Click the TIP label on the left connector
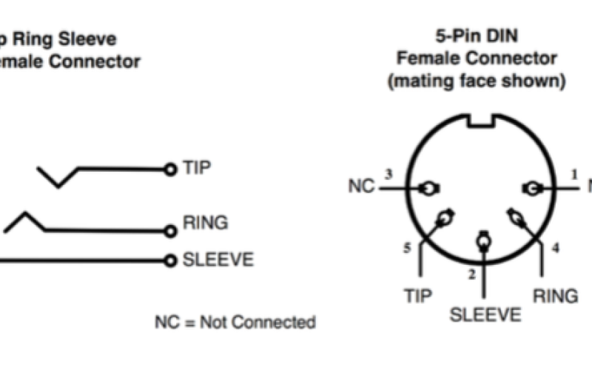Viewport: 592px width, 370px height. [197, 168]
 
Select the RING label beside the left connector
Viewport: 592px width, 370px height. [205, 222]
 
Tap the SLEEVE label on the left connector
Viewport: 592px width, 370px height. [218, 260]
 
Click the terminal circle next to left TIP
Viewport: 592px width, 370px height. [171, 169]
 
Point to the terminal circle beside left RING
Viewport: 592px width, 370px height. [171, 231]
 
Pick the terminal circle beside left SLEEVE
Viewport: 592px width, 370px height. [171, 260]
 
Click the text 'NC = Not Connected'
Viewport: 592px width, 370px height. [235, 322]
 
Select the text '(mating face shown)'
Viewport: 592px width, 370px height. [477, 81]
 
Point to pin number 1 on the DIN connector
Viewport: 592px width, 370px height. [573, 174]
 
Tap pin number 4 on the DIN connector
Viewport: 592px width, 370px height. [555, 248]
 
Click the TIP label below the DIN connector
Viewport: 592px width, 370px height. [418, 296]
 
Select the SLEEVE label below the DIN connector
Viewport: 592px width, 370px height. [485, 315]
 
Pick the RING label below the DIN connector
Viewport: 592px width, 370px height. [555, 296]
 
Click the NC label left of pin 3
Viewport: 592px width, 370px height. [361, 186]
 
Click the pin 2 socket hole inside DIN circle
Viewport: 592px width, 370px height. [484, 240]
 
